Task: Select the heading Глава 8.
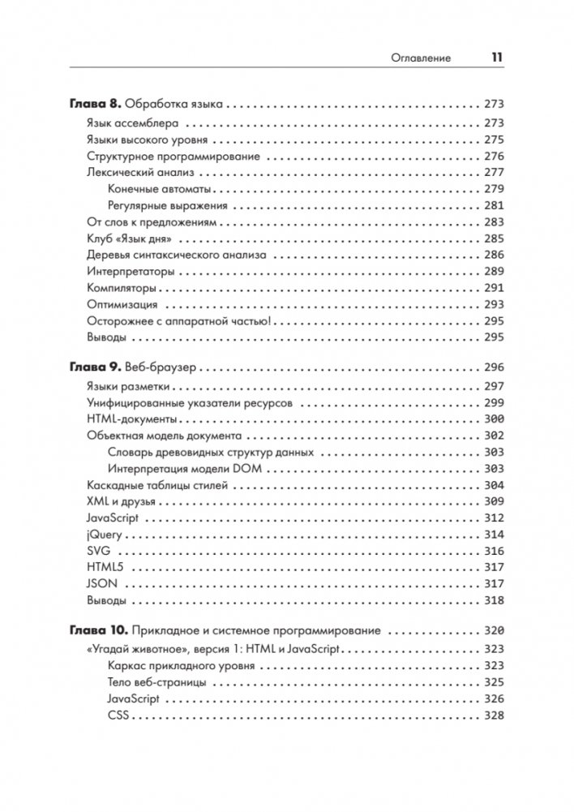(91, 105)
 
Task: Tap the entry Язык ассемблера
(132, 123)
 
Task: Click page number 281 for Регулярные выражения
(493, 205)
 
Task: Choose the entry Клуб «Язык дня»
(132, 238)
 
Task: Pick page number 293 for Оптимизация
(493, 304)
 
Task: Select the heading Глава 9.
(91, 367)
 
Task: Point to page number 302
(493, 436)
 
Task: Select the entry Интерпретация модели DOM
(185, 469)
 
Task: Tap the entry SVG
(97, 551)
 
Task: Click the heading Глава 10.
(94, 630)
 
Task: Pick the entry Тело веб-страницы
(156, 682)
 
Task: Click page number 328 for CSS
(493, 715)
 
